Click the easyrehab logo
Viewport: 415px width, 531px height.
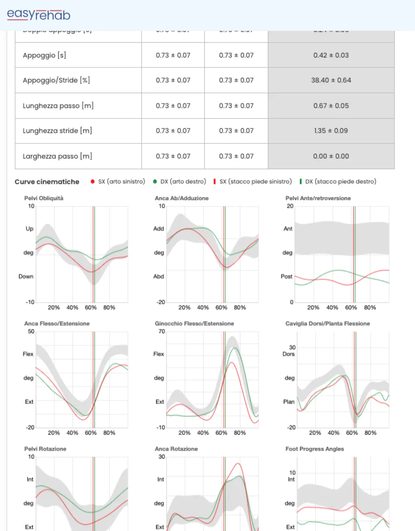pyautogui.click(x=39, y=15)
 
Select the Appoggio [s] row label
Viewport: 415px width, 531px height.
pyautogui.click(x=44, y=55)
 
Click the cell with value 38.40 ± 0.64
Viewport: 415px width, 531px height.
pyautogui.click(x=331, y=81)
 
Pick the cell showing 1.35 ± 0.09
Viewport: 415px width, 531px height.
pyautogui.click(x=331, y=131)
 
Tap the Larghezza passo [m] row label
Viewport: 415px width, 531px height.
pyautogui.click(x=57, y=156)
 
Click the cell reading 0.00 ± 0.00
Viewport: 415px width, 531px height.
pyautogui.click(x=331, y=156)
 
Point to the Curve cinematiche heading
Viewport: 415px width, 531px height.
pyautogui.click(x=47, y=182)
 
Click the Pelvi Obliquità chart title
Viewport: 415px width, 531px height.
pyautogui.click(x=44, y=198)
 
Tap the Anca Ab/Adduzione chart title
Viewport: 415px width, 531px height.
pyautogui.click(x=182, y=198)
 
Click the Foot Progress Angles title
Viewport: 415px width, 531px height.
pyautogui.click(x=315, y=449)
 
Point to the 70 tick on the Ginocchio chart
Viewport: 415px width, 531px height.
pyautogui.click(x=162, y=331)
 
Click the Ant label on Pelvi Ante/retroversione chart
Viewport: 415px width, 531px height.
pyautogui.click(x=288, y=229)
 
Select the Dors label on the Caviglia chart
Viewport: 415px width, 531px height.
pyautogui.click(x=288, y=354)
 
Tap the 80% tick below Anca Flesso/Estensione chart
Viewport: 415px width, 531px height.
pyautogui.click(x=109, y=433)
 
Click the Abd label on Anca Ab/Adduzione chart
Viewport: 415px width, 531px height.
pyautogui.click(x=159, y=277)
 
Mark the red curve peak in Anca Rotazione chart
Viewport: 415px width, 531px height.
pyautogui.click(x=238, y=463)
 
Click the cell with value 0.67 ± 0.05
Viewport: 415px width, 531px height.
pyautogui.click(x=331, y=106)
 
